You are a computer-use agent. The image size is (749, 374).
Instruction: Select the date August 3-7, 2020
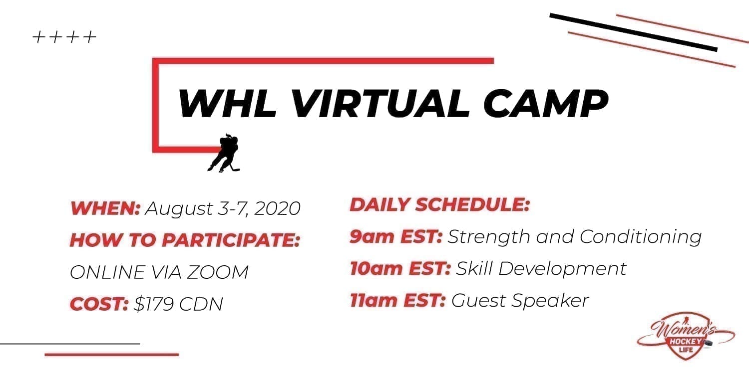[223, 208]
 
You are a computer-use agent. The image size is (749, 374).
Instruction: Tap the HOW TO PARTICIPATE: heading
[185, 240]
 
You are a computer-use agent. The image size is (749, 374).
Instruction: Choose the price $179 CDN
[178, 304]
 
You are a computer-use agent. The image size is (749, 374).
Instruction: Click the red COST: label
[99, 304]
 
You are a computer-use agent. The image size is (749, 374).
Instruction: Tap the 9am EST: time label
[396, 237]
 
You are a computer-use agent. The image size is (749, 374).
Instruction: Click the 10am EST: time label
[400, 269]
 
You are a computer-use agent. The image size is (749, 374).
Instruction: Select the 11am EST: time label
[397, 301]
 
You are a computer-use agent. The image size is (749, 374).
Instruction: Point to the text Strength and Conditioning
[574, 237]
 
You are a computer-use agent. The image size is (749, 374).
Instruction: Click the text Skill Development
[541, 269]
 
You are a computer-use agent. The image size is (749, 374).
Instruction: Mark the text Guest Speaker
[520, 301]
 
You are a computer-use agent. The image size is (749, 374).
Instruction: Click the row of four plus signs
[64, 37]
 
